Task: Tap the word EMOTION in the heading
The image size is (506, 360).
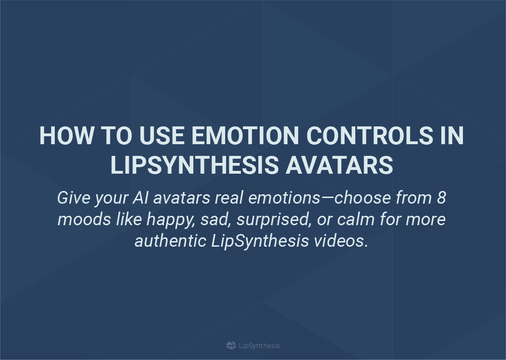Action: point(245,136)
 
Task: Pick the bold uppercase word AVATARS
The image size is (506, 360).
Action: point(339,165)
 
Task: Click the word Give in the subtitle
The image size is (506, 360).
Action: point(74,198)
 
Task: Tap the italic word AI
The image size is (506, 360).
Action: point(140,198)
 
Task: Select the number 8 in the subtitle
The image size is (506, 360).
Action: point(441,198)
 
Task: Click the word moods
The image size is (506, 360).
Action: point(84,219)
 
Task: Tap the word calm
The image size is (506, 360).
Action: point(356,219)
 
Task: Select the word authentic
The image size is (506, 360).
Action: point(170,241)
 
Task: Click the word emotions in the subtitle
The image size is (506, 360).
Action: point(284,198)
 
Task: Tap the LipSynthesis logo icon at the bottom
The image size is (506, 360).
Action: point(231,345)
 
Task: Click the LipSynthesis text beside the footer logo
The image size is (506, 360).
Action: point(259,346)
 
